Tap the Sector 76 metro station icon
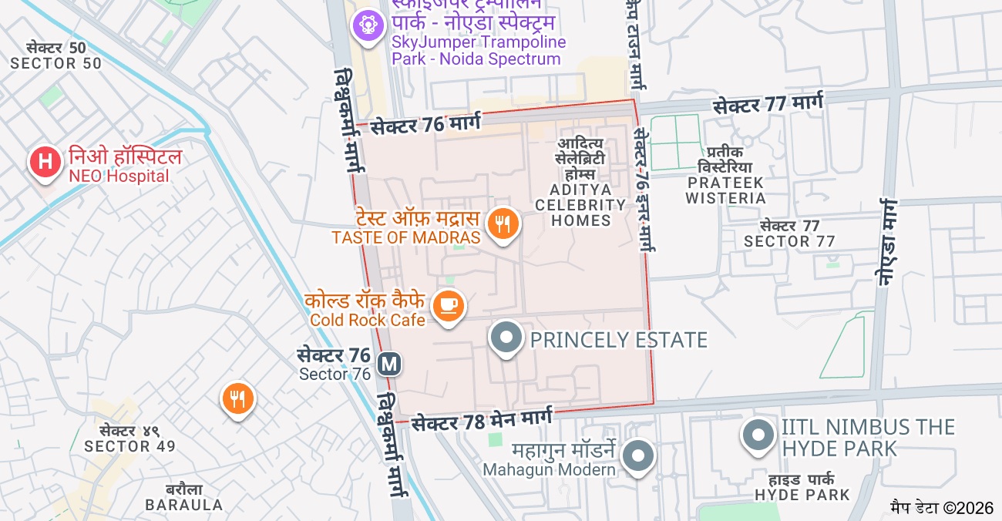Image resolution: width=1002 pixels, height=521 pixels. [390, 362]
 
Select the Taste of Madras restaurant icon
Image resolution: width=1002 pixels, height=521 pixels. [503, 224]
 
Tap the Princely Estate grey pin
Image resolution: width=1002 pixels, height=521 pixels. [506, 338]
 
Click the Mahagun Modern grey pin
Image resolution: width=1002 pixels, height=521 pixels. [637, 455]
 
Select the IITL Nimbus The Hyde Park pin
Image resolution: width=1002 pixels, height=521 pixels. [758, 435]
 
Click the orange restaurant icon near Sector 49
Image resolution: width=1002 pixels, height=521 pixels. [238, 398]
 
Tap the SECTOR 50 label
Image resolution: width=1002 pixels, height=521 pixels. [55, 63]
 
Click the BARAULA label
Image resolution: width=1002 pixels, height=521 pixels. [184, 505]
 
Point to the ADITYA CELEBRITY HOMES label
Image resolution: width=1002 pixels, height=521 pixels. [580, 205]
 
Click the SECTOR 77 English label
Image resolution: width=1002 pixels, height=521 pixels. [789, 241]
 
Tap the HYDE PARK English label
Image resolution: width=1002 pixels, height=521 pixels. [802, 495]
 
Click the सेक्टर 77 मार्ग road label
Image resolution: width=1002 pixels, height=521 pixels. [768, 104]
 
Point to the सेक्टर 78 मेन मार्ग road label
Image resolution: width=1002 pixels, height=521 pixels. [482, 421]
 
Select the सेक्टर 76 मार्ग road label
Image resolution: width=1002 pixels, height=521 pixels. [425, 124]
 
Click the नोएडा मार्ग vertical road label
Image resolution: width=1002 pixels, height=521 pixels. [887, 243]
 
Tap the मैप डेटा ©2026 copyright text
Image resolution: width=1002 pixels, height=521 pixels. [942, 508]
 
